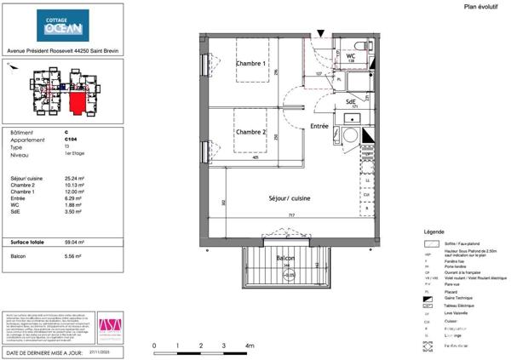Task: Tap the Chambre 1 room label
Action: (251, 65)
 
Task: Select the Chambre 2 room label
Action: (251, 132)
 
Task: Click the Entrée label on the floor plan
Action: (319, 126)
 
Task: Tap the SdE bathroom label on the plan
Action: (350, 102)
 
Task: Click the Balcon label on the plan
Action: (285, 257)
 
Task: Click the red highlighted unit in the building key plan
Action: (78, 103)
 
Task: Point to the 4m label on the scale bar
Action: (250, 346)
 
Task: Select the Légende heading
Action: (433, 231)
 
